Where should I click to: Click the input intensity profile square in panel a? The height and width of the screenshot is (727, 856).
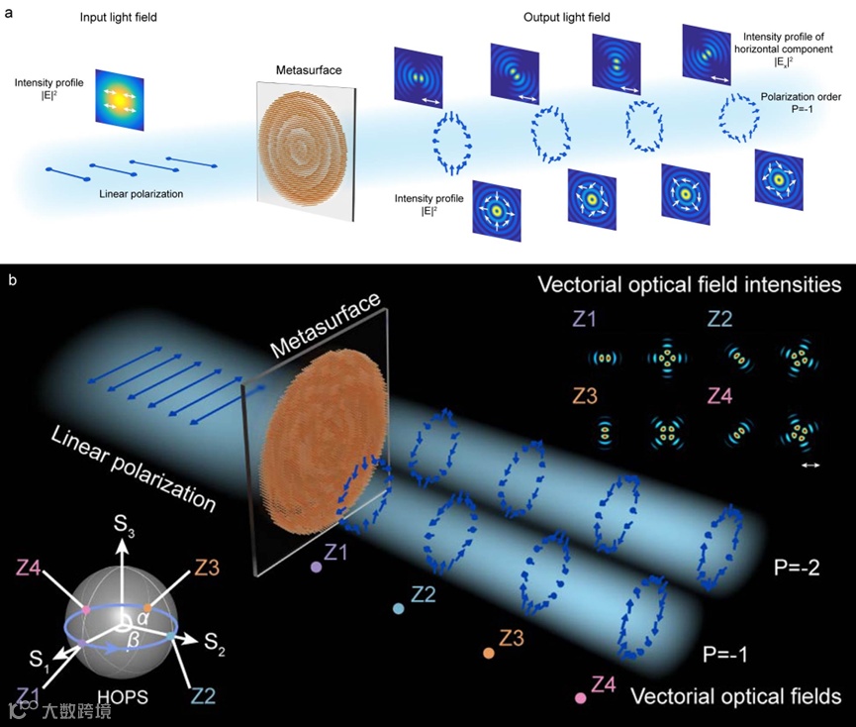click(x=120, y=98)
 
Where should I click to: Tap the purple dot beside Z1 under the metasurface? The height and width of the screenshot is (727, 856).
click(x=316, y=568)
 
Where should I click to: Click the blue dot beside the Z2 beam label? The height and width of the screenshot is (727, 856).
click(x=398, y=608)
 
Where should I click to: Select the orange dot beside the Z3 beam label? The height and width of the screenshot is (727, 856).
click(x=489, y=653)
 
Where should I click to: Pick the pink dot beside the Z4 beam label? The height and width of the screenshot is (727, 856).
click(x=580, y=698)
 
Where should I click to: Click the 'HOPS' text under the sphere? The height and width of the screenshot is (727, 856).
click(x=124, y=697)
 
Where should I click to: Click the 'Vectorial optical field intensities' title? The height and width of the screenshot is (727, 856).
click(x=689, y=285)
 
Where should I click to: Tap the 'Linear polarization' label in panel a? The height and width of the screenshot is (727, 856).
click(x=142, y=193)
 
